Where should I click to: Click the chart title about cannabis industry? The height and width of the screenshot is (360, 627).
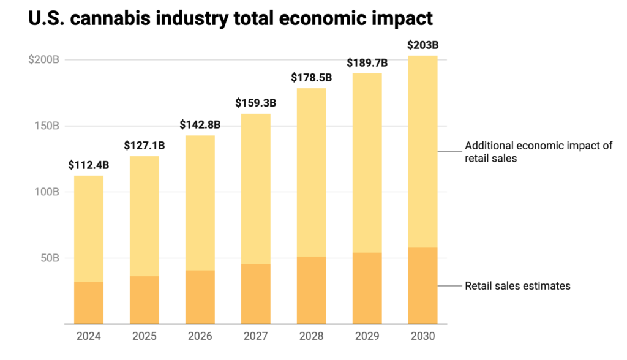230,18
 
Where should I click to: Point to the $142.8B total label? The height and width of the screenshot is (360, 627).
200,124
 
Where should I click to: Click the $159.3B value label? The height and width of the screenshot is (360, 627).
255,103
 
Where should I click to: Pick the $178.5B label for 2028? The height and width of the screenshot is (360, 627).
311,78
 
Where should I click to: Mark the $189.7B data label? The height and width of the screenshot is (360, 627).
367,62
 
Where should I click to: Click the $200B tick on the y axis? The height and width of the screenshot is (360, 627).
43,60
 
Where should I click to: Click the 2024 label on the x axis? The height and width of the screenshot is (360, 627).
88,336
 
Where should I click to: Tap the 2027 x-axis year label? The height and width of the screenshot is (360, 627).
255,336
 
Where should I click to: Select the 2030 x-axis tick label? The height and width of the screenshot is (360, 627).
423,336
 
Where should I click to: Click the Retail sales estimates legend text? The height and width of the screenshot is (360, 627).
517,286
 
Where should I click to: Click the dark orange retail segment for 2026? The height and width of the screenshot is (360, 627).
200,297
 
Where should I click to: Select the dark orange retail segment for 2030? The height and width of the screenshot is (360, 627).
423,285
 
